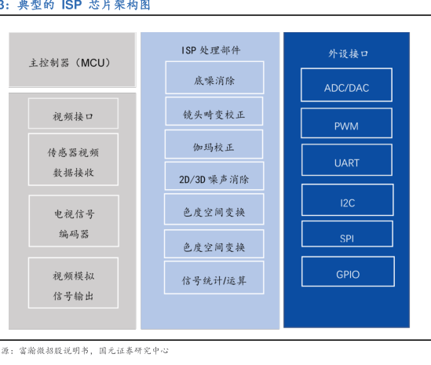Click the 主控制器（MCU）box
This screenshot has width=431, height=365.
72,60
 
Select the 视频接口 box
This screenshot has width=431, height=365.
73,113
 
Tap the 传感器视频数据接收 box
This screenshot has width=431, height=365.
73,159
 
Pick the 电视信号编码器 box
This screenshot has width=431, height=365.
74,221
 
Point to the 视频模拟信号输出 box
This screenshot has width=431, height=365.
73,283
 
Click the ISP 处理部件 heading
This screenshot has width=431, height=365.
211,50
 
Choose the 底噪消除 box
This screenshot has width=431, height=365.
214,78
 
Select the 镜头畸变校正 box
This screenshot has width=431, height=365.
214,111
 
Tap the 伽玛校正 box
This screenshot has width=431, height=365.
214,144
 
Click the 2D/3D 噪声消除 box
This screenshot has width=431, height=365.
214,176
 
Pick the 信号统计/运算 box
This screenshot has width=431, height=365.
214,278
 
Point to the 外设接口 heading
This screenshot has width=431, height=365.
348,53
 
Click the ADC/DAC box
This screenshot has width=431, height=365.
346,85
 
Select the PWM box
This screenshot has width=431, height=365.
346,123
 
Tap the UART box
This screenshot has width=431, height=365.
347,160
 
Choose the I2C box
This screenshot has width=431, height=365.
348,200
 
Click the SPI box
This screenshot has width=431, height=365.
347,234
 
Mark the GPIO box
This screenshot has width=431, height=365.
348,272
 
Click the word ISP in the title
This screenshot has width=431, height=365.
71,5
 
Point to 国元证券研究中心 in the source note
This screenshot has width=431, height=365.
133,350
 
